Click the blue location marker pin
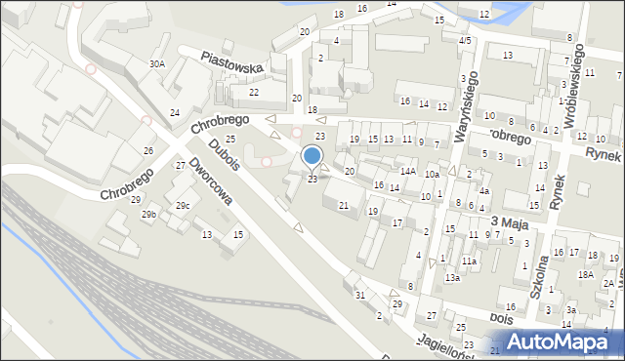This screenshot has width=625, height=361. [312, 156]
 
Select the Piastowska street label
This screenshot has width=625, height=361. [233, 63]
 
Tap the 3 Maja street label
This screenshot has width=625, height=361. [509, 223]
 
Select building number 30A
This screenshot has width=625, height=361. [156, 63]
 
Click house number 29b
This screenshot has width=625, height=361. [147, 215]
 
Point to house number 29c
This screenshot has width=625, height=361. [182, 206]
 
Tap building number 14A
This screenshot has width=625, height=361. [408, 172]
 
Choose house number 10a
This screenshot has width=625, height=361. [431, 175]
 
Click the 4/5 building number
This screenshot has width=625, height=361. [465, 40]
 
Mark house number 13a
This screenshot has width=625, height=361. [452, 278]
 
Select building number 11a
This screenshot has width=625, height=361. [469, 261]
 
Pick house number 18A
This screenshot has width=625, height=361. [584, 275]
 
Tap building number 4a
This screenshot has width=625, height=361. [483, 191]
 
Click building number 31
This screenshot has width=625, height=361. [359, 296]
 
